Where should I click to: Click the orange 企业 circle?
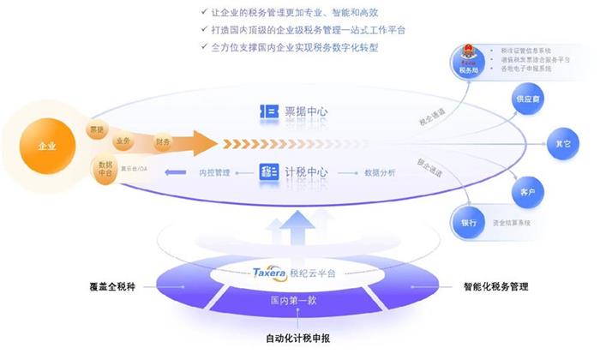tap(46, 146)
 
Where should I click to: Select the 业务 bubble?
tap(122, 141)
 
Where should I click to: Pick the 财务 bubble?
tap(161, 141)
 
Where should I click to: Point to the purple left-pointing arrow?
tap(175, 172)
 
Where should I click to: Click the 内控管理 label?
tap(214, 172)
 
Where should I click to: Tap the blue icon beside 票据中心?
tap(266, 111)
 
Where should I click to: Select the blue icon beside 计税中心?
tap(266, 172)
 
